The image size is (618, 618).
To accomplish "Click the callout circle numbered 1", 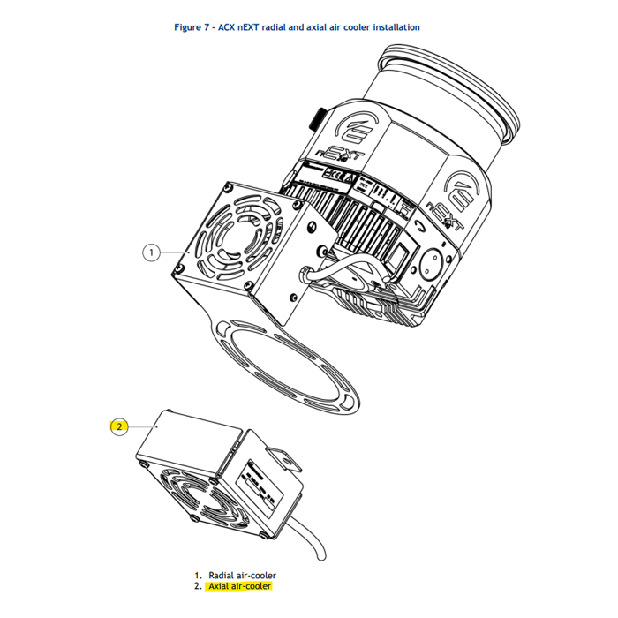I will (152, 252).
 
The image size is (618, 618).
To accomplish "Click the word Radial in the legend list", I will (222, 575).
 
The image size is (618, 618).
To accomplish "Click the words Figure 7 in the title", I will (193, 27).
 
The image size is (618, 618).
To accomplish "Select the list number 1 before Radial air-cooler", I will (198, 575).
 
